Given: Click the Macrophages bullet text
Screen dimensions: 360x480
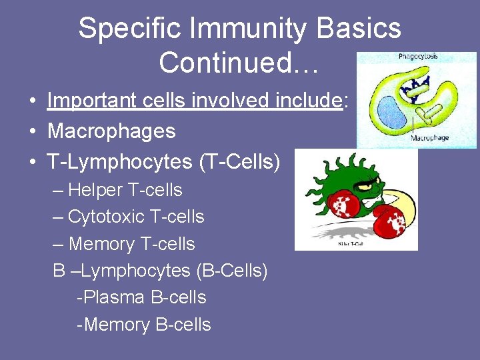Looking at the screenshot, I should click(111, 131).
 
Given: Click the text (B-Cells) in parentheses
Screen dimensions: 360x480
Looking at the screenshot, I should click(231, 271).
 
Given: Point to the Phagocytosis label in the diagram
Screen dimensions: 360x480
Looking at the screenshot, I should click(418, 57).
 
